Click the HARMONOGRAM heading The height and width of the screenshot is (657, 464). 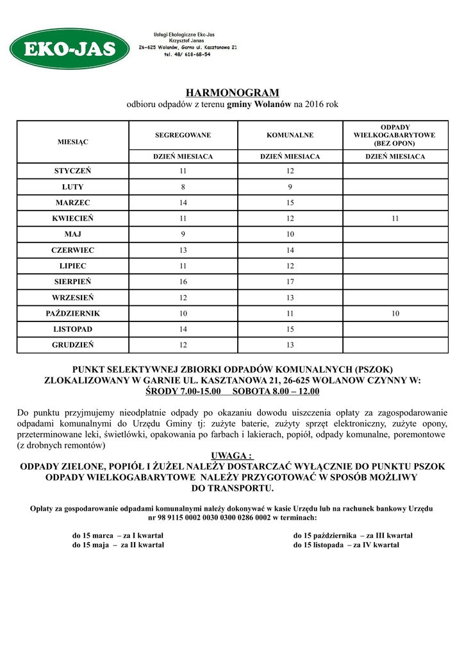(x=232, y=92)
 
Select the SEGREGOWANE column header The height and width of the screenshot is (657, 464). (x=183, y=135)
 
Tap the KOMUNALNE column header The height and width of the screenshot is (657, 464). (x=290, y=135)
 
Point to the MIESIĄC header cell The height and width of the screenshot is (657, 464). (x=73, y=141)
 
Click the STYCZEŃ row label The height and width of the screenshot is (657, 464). (x=73, y=171)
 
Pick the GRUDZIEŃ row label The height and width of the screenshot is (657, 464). (x=73, y=345)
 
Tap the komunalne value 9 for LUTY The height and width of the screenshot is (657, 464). (x=290, y=187)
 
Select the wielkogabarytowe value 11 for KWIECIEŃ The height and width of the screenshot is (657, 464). (x=395, y=219)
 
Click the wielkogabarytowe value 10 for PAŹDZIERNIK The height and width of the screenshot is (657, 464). (x=395, y=313)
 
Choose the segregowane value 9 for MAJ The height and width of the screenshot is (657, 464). (x=183, y=234)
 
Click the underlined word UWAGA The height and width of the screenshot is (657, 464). (x=232, y=456)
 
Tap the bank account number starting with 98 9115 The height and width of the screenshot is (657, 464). (x=232, y=517)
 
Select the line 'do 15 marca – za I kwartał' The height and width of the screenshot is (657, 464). (x=118, y=535)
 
